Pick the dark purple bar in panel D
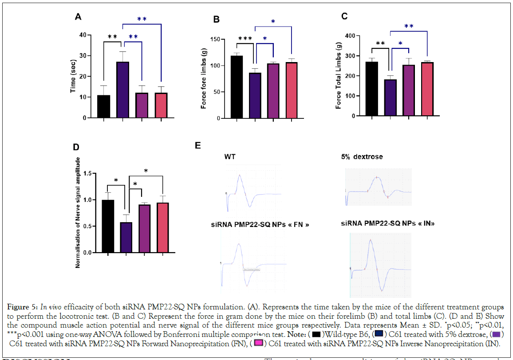coord(126,238)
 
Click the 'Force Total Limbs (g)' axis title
coord(339,75)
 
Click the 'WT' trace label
coord(230,157)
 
